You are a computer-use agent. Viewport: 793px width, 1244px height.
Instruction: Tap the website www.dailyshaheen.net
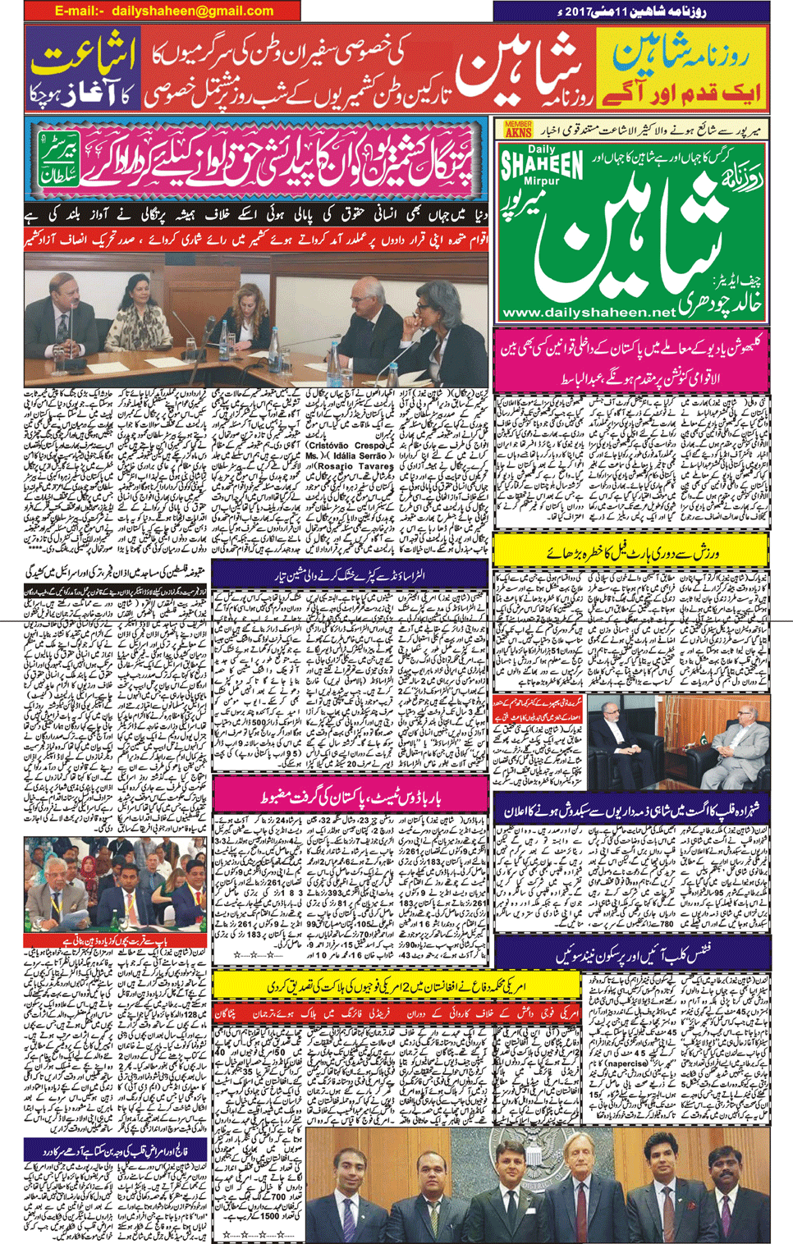tap(588, 313)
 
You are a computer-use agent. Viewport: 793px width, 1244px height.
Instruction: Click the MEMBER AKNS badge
tap(518, 130)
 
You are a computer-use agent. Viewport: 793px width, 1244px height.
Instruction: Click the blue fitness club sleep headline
tap(633, 954)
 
